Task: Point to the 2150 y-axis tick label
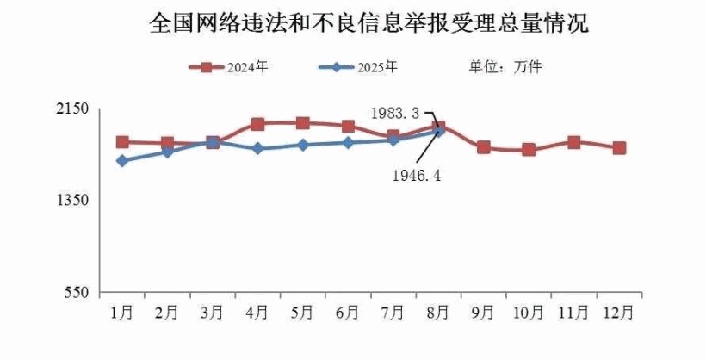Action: (75, 109)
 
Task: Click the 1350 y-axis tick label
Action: (75, 200)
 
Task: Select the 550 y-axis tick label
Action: (78, 292)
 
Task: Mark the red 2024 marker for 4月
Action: (257, 124)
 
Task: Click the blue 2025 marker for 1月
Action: (122, 161)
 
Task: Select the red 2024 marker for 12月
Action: (619, 148)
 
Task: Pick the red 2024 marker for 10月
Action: (529, 150)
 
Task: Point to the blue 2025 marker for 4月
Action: (257, 149)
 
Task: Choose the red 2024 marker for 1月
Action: (122, 142)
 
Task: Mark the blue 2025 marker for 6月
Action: (348, 142)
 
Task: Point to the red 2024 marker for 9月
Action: (484, 147)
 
